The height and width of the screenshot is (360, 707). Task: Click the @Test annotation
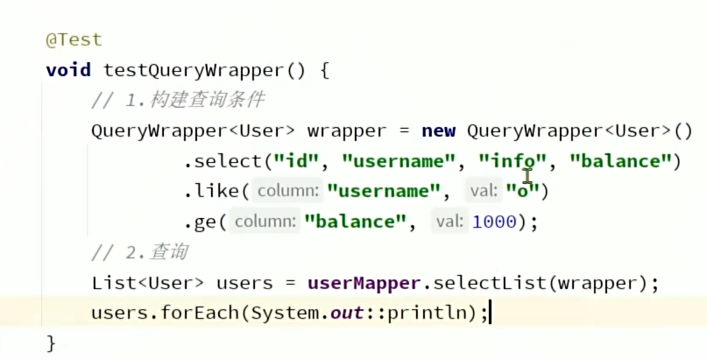(x=74, y=39)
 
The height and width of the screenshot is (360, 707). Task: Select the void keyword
(x=68, y=70)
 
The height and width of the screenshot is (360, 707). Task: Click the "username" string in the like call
(x=383, y=190)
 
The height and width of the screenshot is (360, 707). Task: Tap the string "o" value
(x=526, y=190)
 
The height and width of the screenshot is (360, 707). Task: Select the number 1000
(x=494, y=222)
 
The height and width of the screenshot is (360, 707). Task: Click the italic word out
(x=347, y=313)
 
